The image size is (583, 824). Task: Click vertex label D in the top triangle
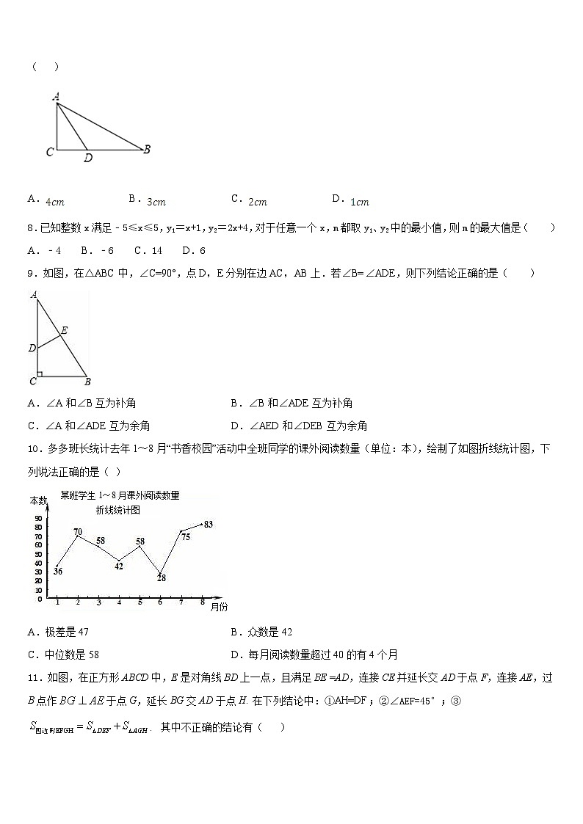pos(88,158)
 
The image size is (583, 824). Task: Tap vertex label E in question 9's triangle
pos(65,331)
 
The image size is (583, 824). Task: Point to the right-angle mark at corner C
pos(40,374)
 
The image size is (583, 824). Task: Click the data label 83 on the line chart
pos(209,524)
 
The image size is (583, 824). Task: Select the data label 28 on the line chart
pos(161,578)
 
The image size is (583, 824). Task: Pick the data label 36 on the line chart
pos(58,572)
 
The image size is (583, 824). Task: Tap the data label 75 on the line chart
pos(185,537)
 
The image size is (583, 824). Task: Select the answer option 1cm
pos(360,202)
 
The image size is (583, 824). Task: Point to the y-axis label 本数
pos(38,500)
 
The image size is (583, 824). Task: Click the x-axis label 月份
pos(219,607)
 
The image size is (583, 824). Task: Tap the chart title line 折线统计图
pos(117,509)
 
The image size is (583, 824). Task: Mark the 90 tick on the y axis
pos(38,519)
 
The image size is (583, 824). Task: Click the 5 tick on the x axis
pos(140,602)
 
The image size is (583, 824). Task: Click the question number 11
pos(32,679)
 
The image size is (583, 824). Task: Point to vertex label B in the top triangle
pos(147,149)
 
